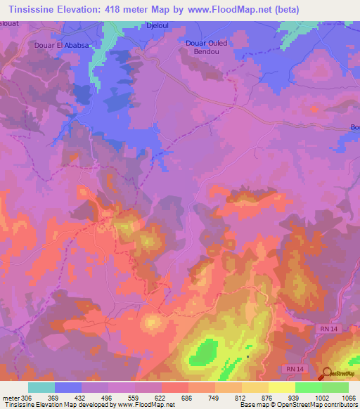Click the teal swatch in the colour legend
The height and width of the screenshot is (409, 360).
[41, 387]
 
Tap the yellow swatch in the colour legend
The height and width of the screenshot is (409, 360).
[282, 387]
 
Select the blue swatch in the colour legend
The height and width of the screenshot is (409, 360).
[68, 387]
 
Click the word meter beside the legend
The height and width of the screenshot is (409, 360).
[10, 398]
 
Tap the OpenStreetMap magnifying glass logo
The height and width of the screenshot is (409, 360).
[327, 374]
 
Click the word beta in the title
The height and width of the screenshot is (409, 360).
[298, 9]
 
